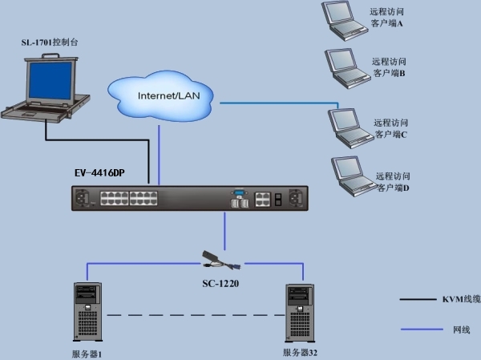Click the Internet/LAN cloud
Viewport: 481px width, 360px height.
[160, 96]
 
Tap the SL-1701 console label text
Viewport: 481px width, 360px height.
[50, 42]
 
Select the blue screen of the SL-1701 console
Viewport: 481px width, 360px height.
[51, 80]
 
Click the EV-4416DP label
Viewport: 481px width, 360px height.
[99, 173]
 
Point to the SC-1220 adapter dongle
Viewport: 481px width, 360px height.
[221, 261]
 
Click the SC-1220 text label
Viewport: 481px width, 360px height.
[220, 284]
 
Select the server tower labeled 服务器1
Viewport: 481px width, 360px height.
[87, 312]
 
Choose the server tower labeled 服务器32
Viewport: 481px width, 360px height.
[300, 313]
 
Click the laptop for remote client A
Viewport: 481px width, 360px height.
[344, 21]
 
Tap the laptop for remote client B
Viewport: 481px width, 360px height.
[347, 69]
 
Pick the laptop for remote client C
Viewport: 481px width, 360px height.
[350, 128]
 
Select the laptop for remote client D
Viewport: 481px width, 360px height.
[354, 176]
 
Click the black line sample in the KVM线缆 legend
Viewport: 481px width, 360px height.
[418, 299]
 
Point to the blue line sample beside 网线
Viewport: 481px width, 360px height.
[422, 330]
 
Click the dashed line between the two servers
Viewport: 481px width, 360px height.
[196, 315]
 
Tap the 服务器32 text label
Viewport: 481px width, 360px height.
[300, 352]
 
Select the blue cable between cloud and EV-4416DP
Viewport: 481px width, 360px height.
[159, 156]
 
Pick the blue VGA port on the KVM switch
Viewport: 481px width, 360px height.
[239, 193]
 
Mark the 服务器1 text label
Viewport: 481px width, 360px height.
[87, 354]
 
